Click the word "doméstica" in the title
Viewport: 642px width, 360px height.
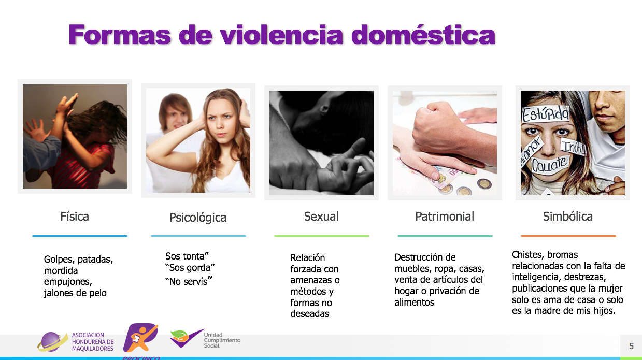423,35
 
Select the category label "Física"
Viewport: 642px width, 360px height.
75,217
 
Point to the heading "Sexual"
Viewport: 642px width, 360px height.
321,217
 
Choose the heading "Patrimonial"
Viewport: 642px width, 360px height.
445,217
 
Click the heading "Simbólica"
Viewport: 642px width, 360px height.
568,217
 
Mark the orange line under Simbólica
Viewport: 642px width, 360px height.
568,236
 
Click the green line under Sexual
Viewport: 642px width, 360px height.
322,236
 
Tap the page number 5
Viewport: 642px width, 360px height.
632,346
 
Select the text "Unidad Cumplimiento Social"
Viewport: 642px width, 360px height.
222,340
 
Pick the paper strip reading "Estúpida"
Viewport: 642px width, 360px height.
545,114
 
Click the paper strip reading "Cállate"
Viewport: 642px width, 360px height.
549,165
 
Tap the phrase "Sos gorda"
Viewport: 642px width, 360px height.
190,268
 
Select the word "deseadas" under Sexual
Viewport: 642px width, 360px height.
309,314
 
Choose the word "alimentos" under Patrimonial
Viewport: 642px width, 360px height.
414,303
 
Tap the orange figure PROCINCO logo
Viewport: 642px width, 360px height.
140,338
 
